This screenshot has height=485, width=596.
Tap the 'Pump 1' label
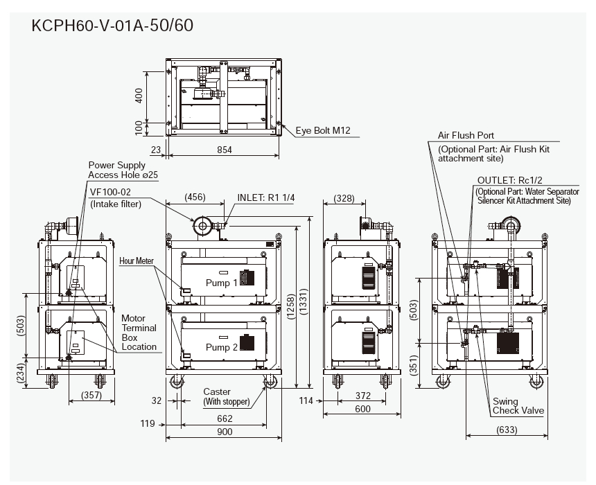pyautogui.click(x=222, y=283)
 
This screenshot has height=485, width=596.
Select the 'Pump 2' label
pyautogui.click(x=222, y=347)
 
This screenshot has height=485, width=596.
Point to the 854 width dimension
pyautogui.click(x=223, y=150)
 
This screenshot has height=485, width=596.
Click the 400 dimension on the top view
pyautogui.click(x=139, y=96)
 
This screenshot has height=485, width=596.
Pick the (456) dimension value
pyautogui.click(x=195, y=197)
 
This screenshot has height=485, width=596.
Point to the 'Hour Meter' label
pyautogui.click(x=137, y=261)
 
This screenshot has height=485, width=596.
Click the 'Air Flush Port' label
pyautogui.click(x=466, y=136)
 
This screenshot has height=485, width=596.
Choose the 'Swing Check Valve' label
pyautogui.click(x=518, y=405)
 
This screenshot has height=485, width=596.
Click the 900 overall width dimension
pyautogui.click(x=223, y=432)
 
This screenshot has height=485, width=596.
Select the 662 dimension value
pyautogui.click(x=223, y=418)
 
